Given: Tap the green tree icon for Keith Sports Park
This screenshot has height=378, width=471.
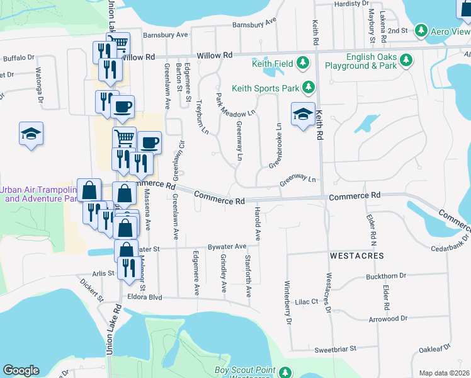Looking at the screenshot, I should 308,87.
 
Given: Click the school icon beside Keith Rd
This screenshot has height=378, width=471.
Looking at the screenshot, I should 303,115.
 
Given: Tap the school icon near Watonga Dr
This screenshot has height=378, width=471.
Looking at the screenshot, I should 31,134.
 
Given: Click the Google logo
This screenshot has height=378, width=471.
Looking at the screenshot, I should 21,370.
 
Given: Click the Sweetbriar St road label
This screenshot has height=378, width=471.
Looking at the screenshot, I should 336,348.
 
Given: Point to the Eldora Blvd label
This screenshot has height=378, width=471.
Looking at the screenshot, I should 144,297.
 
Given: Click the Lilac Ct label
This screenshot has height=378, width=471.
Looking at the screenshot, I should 306,302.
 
